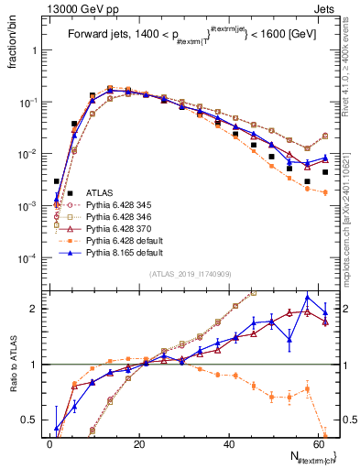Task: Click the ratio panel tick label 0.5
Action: pyautogui.click(x=32, y=420)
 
